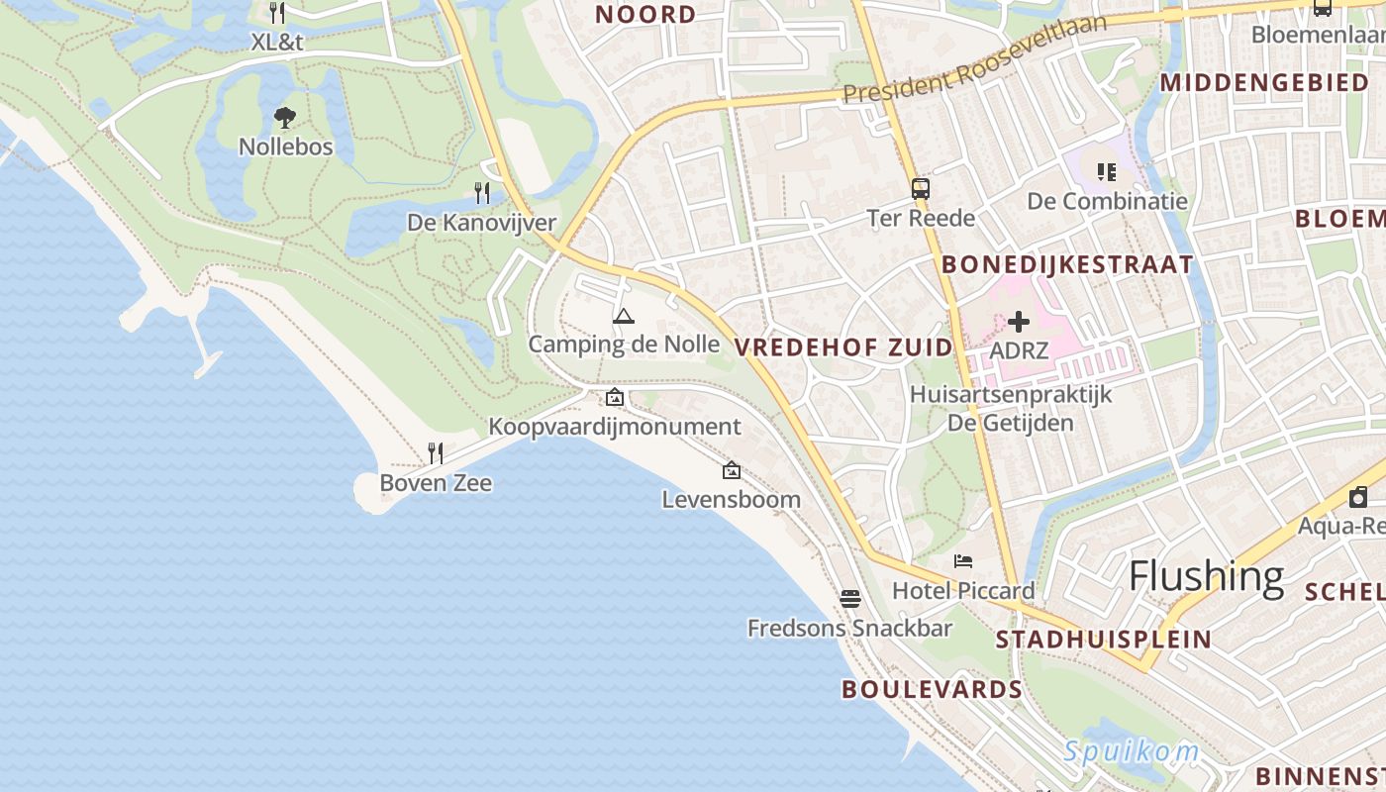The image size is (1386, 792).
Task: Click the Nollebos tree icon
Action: point(285,118)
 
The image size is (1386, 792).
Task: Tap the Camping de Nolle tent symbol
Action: point(623,317)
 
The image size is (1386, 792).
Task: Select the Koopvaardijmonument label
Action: point(614,427)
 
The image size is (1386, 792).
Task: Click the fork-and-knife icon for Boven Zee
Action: point(435,453)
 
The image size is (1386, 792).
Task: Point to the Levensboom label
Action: point(731,499)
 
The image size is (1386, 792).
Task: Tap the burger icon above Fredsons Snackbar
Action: point(849,598)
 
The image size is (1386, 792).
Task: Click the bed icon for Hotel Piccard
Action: point(963,561)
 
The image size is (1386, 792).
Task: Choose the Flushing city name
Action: point(1206,575)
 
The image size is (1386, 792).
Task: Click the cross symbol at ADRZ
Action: point(1018,322)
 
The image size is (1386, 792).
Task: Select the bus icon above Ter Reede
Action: point(921,188)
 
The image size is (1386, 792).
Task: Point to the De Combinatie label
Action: point(1107,201)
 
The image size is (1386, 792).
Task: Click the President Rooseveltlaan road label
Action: point(974,58)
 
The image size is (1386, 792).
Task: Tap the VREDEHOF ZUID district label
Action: point(843,346)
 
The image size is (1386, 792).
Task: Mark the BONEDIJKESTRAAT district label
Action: point(1067,264)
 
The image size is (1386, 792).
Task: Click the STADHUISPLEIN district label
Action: point(1103,639)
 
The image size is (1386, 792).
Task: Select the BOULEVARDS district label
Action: point(932,689)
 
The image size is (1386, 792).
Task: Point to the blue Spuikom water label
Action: point(1131,751)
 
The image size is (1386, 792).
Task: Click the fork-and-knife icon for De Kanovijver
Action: point(482,192)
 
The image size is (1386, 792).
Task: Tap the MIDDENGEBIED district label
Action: point(1264,82)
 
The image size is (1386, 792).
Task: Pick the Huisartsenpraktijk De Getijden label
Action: point(1011,408)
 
